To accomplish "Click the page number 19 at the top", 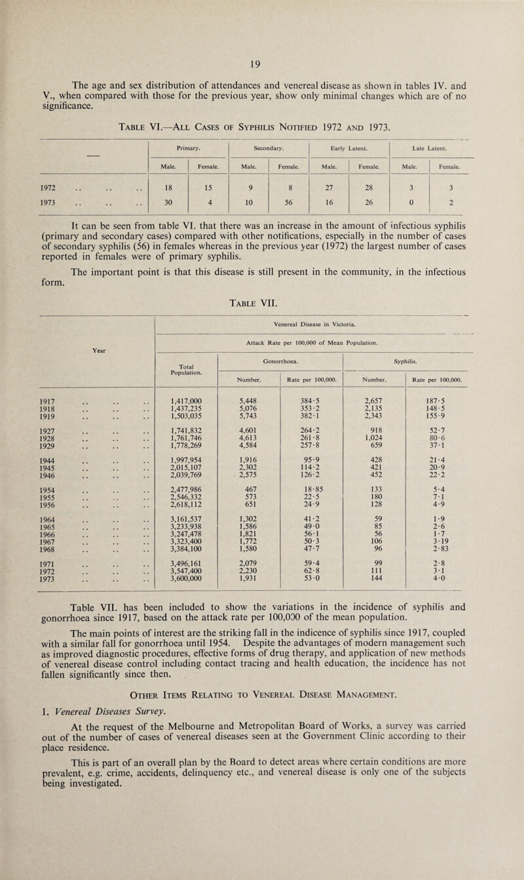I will pos(261,64).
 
